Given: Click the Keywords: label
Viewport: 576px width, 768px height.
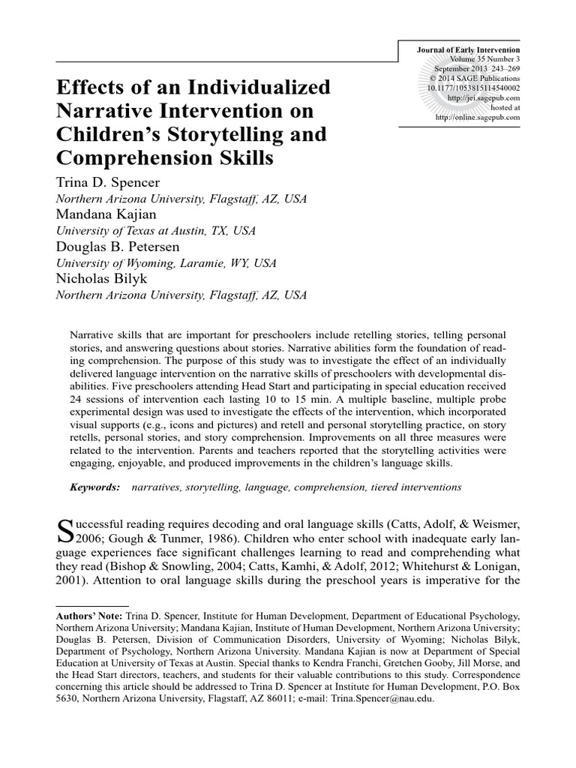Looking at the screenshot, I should pos(95,487).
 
